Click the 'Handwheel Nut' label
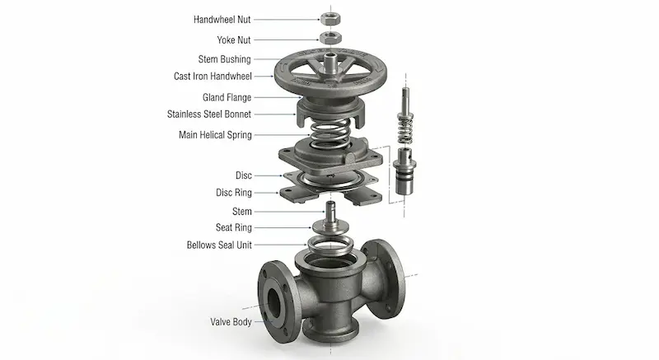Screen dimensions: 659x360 [x=222, y=19]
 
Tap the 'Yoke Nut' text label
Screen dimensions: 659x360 [x=234, y=40]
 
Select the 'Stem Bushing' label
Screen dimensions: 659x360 [x=224, y=59]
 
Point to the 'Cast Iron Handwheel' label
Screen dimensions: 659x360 [x=213, y=77]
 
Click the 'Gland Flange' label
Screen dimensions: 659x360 [x=227, y=97]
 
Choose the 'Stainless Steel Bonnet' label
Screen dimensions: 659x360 [x=209, y=115]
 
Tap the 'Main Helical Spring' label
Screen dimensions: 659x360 [x=215, y=135]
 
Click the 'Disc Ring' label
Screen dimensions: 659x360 [x=234, y=193]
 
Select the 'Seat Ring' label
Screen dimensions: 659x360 [x=234, y=227]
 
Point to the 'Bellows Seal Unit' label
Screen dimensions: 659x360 [x=219, y=245]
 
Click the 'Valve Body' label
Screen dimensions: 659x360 [x=231, y=322]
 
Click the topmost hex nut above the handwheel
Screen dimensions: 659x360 [x=330, y=18]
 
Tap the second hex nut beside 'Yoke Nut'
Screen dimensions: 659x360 [x=330, y=38]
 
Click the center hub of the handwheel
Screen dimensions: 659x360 [x=330, y=65]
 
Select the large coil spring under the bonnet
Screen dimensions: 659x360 [x=331, y=133]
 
